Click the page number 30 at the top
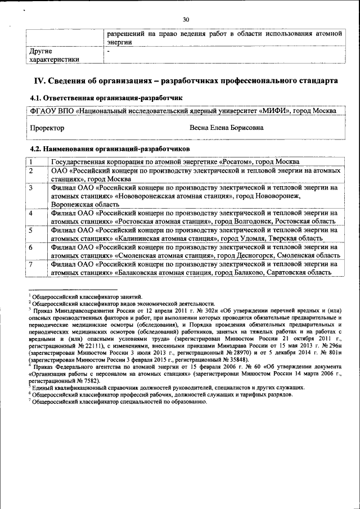186,20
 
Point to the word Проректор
47,128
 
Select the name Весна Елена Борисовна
227,128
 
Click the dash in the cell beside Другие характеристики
109,51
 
